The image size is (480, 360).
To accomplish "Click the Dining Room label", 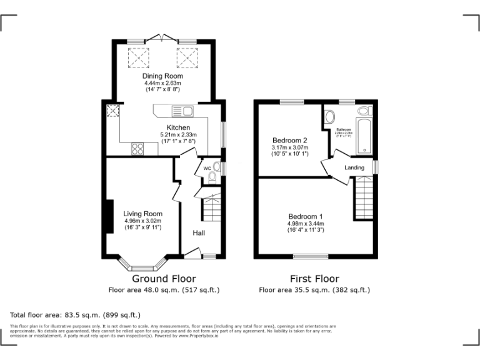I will pyautogui.click(x=162, y=76).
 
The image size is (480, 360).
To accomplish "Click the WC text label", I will pyautogui.click(x=207, y=168).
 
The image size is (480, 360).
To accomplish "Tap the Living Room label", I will pyautogui.click(x=142, y=214).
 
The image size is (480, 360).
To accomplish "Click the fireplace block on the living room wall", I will pyautogui.click(x=109, y=216).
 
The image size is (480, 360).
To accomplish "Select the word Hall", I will pyautogui.click(x=199, y=233).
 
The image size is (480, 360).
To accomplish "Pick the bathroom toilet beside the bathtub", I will pyautogui.click(x=363, y=111).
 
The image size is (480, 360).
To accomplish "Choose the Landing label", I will pyautogui.click(x=354, y=167).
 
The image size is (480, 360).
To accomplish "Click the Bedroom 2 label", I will pyautogui.click(x=289, y=140).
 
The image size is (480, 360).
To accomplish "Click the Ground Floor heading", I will pyautogui.click(x=164, y=279).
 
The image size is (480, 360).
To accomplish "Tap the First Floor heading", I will pyautogui.click(x=314, y=279).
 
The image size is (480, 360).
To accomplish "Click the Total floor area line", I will pyautogui.click(x=76, y=315).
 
